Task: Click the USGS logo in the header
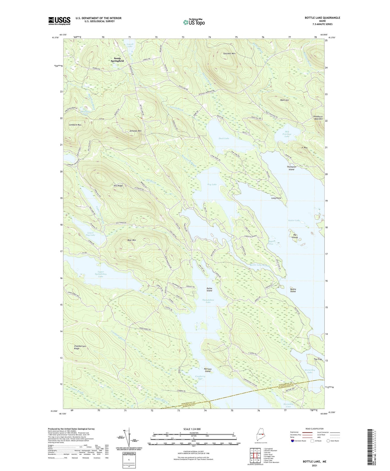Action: pos(59,21)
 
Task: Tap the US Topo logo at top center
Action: pos(194,22)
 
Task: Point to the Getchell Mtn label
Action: pos(229,54)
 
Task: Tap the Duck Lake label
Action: pos(224,138)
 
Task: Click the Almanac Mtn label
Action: pos(135,131)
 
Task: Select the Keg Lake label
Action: pos(212,185)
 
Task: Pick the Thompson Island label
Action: pos(291,168)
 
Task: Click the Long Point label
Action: pos(276,198)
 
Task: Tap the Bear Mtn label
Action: pos(132,240)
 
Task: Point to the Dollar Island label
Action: pos(209,289)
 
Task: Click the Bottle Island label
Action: pos(293,290)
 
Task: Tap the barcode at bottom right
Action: pos(371,447)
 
